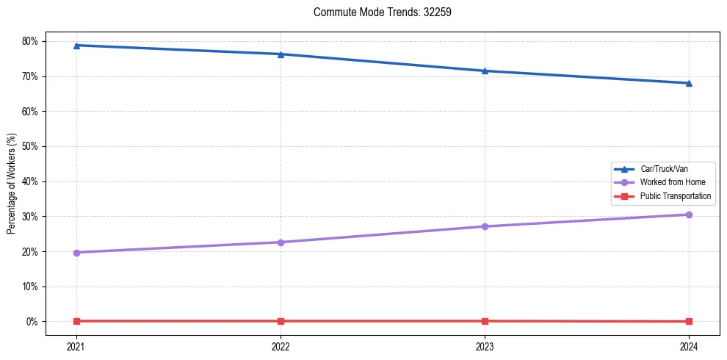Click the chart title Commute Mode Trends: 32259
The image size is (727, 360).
(377, 12)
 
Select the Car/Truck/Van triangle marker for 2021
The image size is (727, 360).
(76, 46)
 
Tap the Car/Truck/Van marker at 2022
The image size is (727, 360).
(281, 54)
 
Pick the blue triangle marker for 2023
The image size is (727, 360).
(485, 71)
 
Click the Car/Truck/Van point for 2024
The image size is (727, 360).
(689, 83)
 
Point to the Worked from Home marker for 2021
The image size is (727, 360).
(76, 253)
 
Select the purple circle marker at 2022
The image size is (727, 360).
(281, 242)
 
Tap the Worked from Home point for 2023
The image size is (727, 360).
(485, 226)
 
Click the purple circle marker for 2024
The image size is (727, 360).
(689, 215)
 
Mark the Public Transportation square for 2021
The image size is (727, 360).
(76, 321)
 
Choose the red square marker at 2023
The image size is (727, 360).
(485, 321)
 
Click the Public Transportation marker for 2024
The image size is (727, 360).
(689, 322)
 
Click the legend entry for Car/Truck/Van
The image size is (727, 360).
(664, 169)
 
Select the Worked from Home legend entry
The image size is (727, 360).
(672, 182)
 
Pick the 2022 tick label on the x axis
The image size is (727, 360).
(281, 346)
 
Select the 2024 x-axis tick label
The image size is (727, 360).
(689, 346)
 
